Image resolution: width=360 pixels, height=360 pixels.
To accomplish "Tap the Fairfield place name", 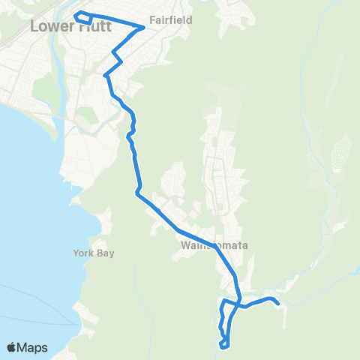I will pos(166,21).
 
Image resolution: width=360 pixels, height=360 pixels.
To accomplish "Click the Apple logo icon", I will pos(12,347).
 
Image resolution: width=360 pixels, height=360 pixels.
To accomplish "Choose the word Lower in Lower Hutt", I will pos(46,26).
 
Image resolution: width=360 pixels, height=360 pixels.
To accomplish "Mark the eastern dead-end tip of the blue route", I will pos(278,304).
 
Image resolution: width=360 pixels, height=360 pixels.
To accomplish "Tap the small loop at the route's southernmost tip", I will pos(224,344).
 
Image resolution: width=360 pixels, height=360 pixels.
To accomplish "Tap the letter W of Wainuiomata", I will pos(185,245).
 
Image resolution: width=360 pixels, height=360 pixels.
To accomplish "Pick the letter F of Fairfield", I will pos(152,21).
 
